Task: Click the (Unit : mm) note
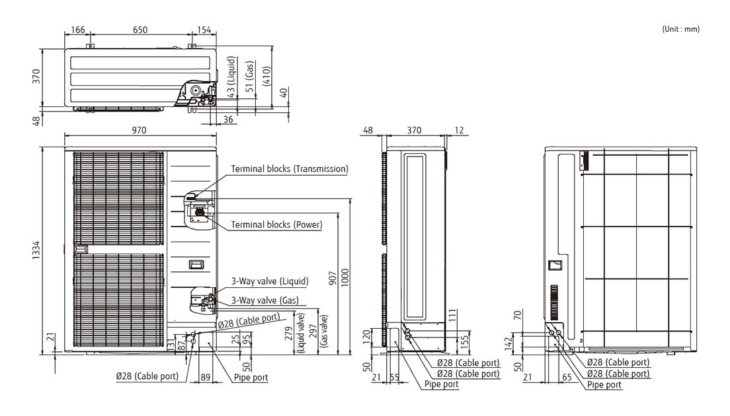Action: pyautogui.click(x=680, y=28)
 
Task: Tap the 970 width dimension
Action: pyautogui.click(x=139, y=131)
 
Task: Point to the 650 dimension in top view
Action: pyautogui.click(x=140, y=30)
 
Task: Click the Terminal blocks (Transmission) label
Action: pyautogui.click(x=289, y=169)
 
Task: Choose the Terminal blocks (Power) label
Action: pyautogui.click(x=276, y=225)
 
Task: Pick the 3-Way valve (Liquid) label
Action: pyautogui.click(x=269, y=281)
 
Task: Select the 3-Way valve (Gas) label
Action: pyautogui.click(x=264, y=300)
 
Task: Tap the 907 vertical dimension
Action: pyautogui.click(x=333, y=280)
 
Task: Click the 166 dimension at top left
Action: pyautogui.click(x=77, y=30)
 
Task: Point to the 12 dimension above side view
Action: pyautogui.click(x=459, y=131)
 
